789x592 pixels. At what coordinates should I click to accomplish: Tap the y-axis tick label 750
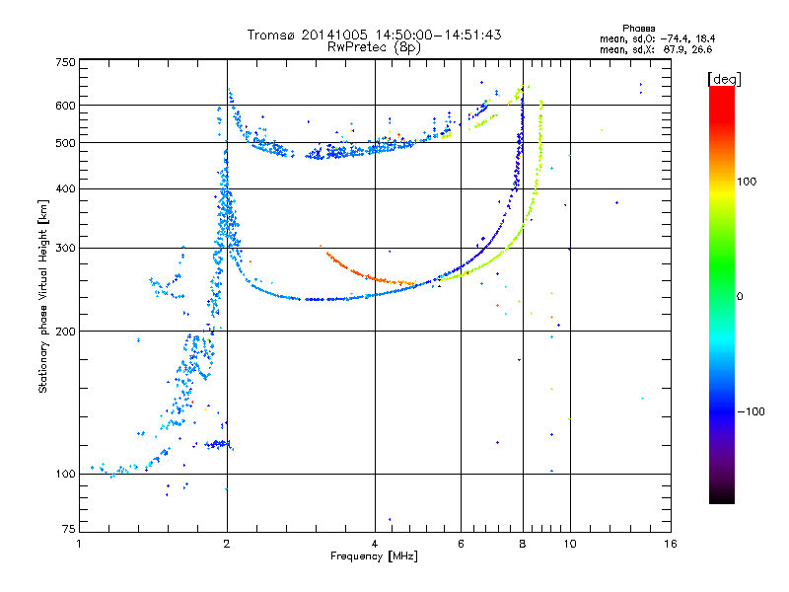point(65,62)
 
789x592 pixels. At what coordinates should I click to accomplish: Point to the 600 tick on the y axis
point(65,106)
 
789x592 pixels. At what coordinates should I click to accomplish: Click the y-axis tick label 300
point(65,248)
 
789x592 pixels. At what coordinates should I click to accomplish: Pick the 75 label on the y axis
point(69,529)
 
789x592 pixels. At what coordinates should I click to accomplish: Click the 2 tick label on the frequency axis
point(227,544)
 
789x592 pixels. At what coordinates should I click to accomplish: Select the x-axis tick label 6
point(461,544)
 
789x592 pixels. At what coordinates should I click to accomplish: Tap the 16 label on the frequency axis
point(671,544)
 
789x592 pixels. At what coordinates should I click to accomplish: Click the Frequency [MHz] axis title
point(374,556)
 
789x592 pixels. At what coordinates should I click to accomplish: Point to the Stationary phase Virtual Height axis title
point(43,297)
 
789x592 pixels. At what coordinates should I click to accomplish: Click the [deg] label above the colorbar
point(724,79)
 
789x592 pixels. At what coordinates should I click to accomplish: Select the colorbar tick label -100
point(751,411)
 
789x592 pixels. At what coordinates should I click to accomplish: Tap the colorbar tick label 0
point(740,296)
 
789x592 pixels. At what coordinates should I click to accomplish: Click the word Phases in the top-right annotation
point(638,29)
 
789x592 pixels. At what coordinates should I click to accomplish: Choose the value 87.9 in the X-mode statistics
point(673,49)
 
